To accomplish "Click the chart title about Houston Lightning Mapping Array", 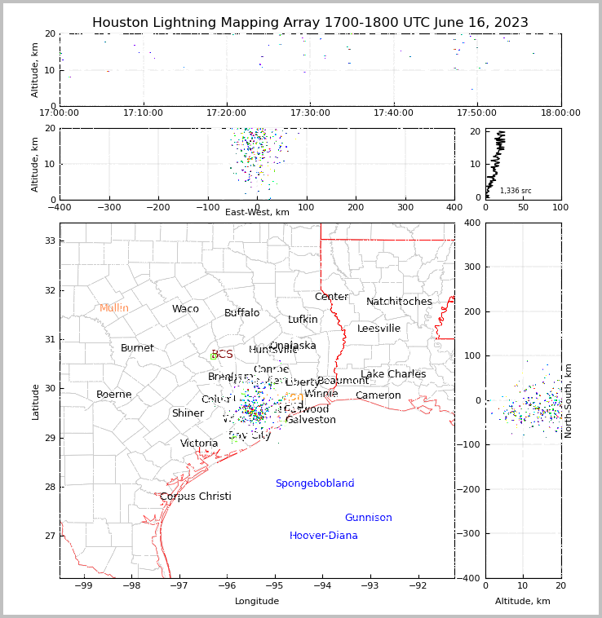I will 310,23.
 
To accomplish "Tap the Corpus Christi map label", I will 195,497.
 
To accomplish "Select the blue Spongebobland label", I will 314,483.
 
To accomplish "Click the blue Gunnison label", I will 368,518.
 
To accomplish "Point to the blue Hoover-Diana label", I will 323,536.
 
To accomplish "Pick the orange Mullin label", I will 114,308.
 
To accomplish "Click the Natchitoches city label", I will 399,302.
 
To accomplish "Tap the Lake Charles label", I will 393,374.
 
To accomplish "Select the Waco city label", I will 185,309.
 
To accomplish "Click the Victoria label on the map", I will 199,444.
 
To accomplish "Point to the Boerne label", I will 113,395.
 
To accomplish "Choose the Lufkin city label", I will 303,320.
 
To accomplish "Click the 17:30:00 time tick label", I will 310,113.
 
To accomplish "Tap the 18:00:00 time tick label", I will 560,113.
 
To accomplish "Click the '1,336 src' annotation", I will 516,191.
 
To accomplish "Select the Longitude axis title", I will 257,602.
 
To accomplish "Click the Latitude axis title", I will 35,401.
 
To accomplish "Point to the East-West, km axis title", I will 257,213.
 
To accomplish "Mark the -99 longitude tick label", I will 84,585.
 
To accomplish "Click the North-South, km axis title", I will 569,400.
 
